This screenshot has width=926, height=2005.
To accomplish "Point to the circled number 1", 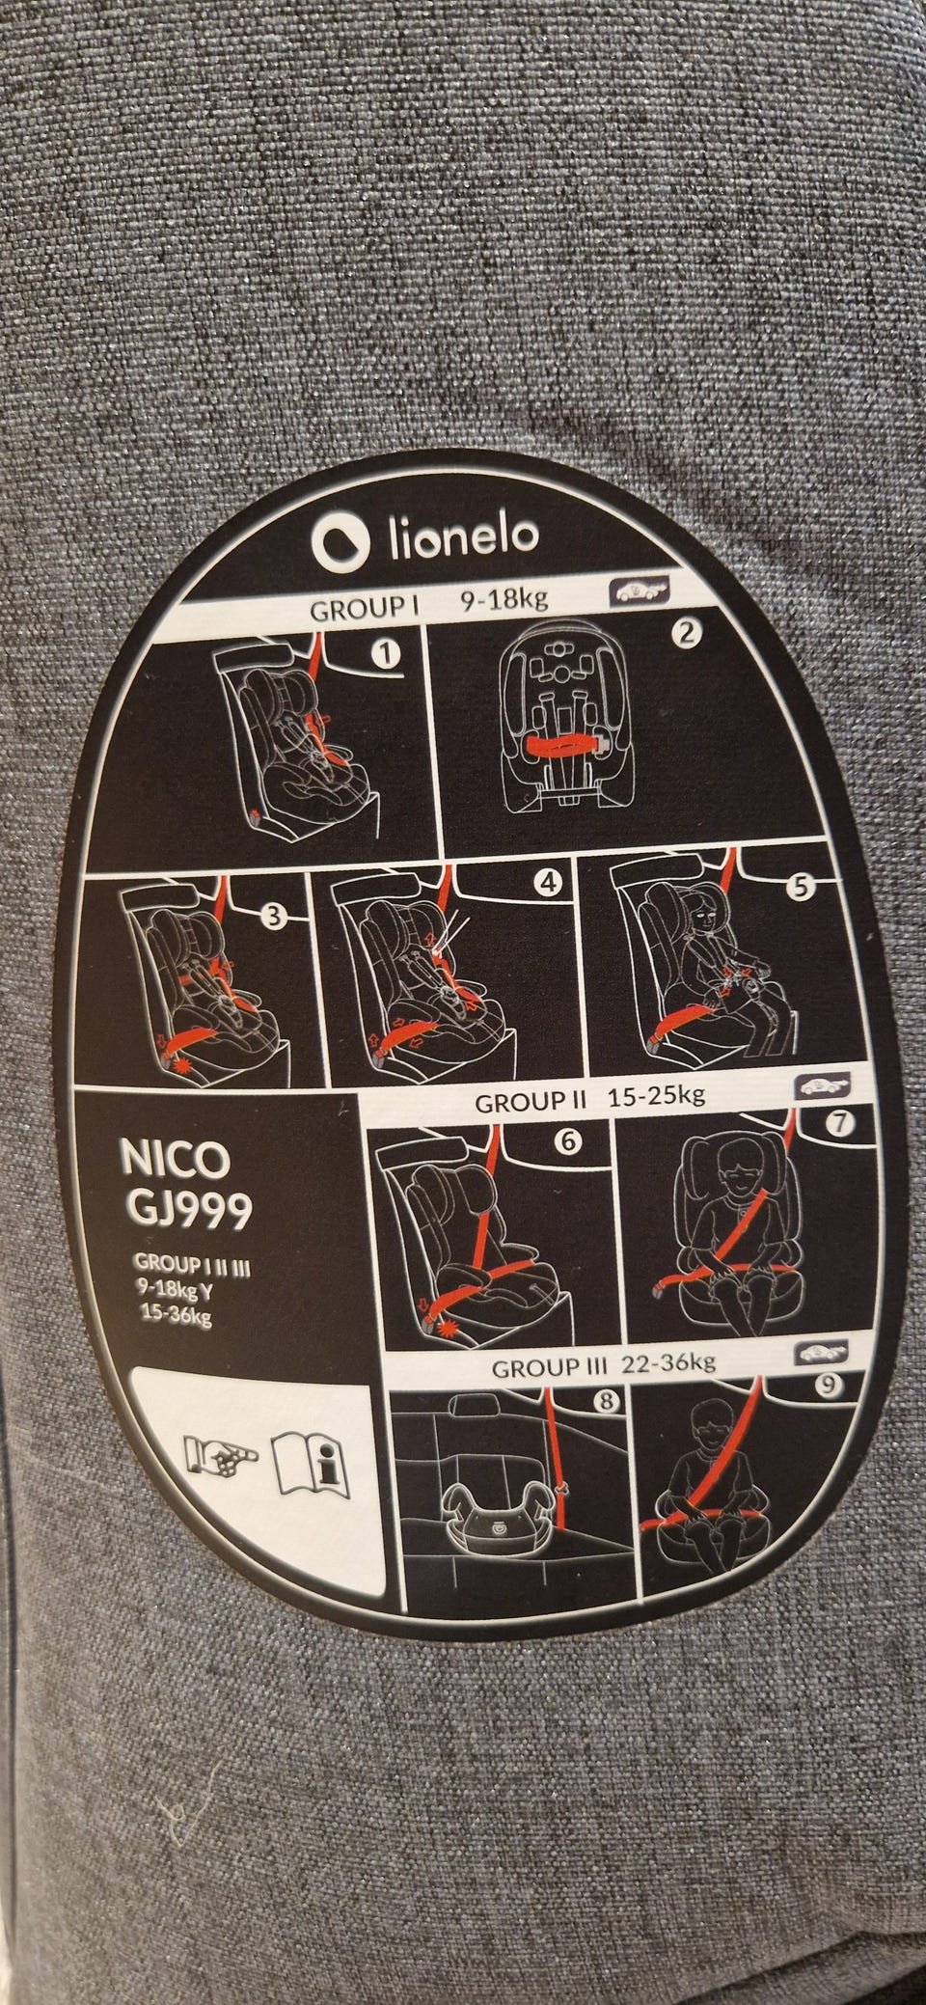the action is [386, 654].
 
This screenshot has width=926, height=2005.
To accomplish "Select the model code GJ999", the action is [184, 1211].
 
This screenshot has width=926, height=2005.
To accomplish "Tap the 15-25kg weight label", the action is [656, 1096].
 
